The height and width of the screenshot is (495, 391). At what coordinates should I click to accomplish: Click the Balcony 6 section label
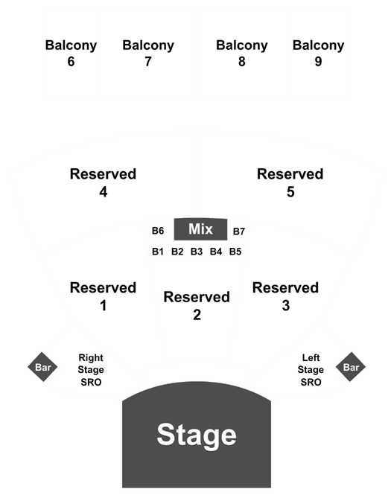[71, 53]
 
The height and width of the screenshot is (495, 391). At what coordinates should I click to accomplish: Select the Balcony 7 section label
[148, 53]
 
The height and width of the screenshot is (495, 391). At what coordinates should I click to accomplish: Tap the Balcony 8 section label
[242, 53]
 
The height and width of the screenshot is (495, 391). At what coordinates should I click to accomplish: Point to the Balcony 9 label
[318, 53]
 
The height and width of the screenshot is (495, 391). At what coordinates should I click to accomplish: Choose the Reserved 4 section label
[103, 183]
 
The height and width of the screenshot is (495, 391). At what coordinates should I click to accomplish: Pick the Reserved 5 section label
[290, 183]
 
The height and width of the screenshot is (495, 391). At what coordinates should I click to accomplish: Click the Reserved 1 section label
[103, 296]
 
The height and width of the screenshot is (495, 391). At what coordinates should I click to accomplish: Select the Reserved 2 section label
[197, 306]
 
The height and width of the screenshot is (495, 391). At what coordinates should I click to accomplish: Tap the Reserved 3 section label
[285, 296]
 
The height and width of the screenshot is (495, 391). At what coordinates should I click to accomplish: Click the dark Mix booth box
[200, 229]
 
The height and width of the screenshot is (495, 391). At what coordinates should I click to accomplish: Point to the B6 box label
[158, 231]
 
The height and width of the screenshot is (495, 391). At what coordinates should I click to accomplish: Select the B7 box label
[239, 231]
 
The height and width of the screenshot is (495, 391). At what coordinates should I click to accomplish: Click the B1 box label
[158, 252]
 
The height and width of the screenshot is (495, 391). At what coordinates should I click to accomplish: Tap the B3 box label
[197, 252]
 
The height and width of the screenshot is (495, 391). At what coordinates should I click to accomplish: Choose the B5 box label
[235, 252]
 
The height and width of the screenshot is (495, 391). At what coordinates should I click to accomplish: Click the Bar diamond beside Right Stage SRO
[42, 367]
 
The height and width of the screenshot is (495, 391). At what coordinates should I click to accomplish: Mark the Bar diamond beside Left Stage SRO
[351, 367]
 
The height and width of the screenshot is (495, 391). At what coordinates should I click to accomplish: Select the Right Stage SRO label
[91, 370]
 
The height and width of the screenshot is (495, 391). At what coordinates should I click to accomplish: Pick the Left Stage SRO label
[311, 370]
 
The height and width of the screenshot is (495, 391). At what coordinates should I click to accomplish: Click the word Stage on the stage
[197, 435]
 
